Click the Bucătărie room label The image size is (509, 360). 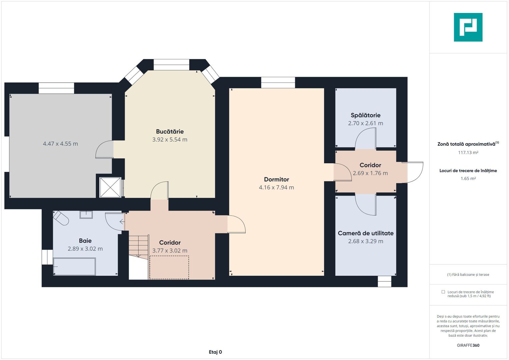[170, 131]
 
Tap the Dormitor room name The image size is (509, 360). [276, 179]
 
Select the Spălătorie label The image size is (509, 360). [365, 115]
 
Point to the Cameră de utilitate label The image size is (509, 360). [366, 233]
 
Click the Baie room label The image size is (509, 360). [85, 241]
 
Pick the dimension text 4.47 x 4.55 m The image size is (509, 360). [60, 144]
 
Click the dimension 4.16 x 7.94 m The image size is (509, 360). [276, 187]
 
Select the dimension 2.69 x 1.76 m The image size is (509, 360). [370, 173]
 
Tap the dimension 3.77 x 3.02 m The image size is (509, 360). [170, 250]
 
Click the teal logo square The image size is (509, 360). [468, 27]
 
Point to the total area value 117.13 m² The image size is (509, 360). [468, 153]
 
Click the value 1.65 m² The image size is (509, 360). [468, 179]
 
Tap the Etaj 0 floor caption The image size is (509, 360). [215, 352]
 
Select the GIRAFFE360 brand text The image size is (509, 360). [468, 345]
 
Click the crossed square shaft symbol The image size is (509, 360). [110, 187]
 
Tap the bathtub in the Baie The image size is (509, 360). [74, 267]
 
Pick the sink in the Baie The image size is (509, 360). [86, 215]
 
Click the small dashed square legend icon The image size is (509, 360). [443, 292]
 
